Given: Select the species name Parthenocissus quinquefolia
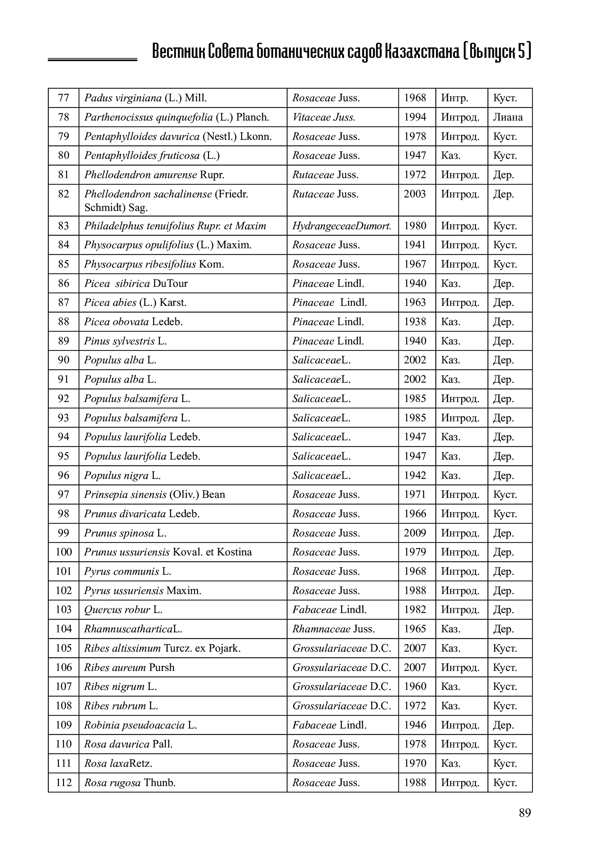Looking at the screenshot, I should point(148,118).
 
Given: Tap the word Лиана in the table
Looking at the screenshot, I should point(508,118).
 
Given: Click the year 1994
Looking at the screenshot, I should point(415,118).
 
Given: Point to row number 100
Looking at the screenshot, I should point(64,552).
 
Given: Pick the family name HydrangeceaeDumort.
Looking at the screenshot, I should point(342,226).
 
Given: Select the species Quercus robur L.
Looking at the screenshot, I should point(123,610).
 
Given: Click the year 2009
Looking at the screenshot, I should point(415,533).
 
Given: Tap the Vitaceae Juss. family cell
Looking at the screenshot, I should point(324,118).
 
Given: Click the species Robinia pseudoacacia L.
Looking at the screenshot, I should point(140,725).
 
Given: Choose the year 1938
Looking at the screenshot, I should point(415,322).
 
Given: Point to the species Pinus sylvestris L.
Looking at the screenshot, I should point(125,341).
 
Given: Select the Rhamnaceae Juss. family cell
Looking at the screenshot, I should point(333,629).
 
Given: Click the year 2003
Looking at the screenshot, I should point(415,194).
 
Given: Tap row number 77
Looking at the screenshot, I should point(64,98).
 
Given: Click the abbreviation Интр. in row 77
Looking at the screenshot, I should point(455,98).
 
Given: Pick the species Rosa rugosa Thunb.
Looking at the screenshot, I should point(130,783).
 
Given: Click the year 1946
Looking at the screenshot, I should point(415,725).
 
